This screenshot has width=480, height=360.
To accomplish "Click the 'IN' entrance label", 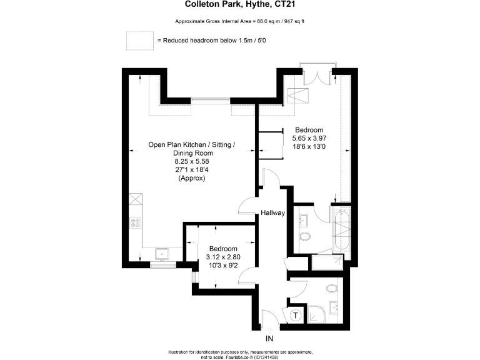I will click(x=270, y=339).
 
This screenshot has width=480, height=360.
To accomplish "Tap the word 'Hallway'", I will click(x=273, y=213).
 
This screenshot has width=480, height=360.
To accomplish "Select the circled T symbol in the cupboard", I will click(x=295, y=316).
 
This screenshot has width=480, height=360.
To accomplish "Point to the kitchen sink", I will click(x=162, y=253).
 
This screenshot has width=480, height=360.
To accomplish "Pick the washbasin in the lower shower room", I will click(x=334, y=307).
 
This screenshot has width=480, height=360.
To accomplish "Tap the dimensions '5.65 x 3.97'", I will click(x=309, y=138).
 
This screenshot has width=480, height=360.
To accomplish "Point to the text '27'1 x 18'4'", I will click(x=191, y=169).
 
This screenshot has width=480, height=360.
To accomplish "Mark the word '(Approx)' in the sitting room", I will click(x=191, y=178).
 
